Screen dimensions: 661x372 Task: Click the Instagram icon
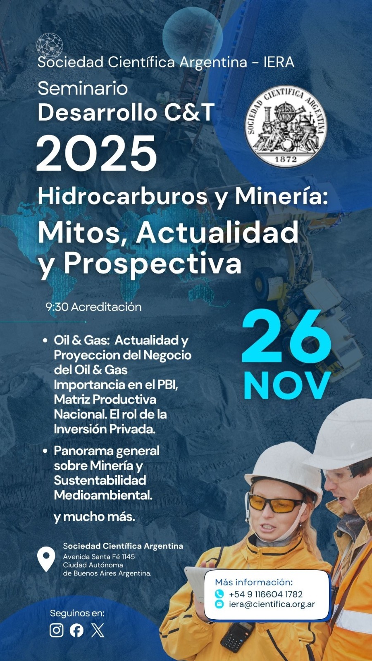(57, 630)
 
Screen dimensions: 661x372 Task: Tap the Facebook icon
(76, 630)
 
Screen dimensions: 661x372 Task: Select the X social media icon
(98, 630)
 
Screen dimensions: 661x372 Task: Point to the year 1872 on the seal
(286, 159)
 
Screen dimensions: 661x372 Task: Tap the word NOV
(287, 386)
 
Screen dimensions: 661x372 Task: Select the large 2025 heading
(97, 154)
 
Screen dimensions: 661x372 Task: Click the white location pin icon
(46, 559)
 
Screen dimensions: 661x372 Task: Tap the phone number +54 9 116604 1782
(265, 594)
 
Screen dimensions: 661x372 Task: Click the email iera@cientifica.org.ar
(272, 604)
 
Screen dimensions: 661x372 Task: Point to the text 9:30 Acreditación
(94, 307)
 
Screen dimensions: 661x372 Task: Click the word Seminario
(83, 88)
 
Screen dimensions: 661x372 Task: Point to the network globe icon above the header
(50, 45)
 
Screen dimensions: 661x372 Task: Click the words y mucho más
(95, 517)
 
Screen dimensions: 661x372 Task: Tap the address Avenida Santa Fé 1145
(99, 556)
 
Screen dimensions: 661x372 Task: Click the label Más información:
(253, 582)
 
